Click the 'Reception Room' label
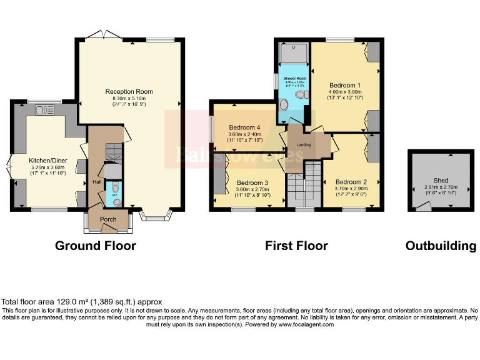pyautogui.click(x=129, y=92)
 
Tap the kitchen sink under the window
pyautogui.click(x=45, y=111)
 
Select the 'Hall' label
pyautogui.click(x=97, y=182)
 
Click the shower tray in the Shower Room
pyautogui.click(x=294, y=54)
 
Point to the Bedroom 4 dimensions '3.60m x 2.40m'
pyautogui.click(x=242, y=134)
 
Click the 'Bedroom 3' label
pyautogui.click(x=252, y=182)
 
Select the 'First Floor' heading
pyautogui.click(x=296, y=246)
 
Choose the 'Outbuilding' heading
pyautogui.click(x=441, y=246)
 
